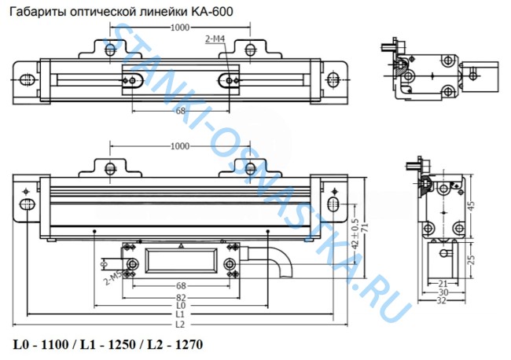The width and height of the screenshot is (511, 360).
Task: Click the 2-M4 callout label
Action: (215, 39)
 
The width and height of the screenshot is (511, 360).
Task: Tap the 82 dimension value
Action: (181, 297)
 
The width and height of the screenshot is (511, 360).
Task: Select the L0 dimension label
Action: (181, 306)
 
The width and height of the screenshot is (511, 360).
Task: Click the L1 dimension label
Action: (180, 314)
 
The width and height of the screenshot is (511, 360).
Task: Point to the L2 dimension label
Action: (180, 325)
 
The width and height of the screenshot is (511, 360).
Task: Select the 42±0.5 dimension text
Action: (355, 233)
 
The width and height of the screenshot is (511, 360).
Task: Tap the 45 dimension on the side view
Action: (471, 206)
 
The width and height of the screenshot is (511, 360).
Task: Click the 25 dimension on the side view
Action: (471, 259)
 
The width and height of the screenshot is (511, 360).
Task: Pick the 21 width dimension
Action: (443, 284)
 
